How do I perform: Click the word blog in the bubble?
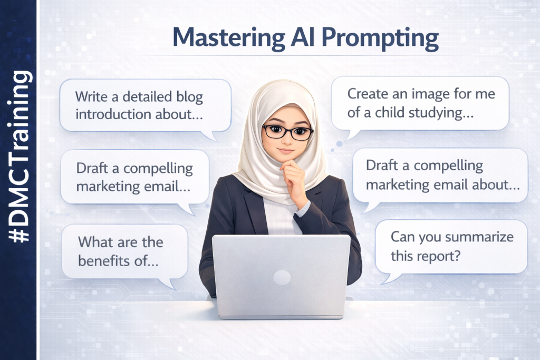187,97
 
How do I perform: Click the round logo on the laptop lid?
282,277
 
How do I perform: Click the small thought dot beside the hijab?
339,143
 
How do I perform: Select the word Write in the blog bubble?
91,97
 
